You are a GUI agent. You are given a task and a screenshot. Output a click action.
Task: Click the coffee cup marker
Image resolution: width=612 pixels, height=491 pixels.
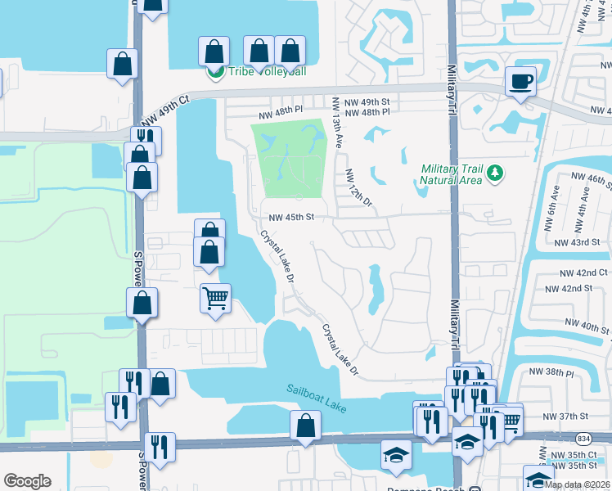click(x=520, y=81)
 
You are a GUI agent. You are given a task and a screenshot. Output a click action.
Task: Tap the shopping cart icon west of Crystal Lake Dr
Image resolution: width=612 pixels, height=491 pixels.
click(x=215, y=299)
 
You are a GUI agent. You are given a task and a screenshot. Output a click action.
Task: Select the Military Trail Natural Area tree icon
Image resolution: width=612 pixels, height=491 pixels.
click(x=495, y=173)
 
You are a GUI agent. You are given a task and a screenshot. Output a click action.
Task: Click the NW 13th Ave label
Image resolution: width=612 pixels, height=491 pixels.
click(x=336, y=123)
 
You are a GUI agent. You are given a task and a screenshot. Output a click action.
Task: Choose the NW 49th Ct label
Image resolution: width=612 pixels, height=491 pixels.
click(x=164, y=110)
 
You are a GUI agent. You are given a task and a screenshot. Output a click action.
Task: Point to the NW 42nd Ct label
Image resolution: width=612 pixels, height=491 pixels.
click(x=584, y=273)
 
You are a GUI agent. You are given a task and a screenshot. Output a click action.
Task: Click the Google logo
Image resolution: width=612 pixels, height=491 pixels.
click(x=28, y=480)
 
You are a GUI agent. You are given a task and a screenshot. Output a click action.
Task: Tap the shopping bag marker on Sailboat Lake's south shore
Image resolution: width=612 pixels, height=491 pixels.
click(x=305, y=426)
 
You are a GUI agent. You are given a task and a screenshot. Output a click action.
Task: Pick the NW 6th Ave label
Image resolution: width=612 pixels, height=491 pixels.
click(x=554, y=200)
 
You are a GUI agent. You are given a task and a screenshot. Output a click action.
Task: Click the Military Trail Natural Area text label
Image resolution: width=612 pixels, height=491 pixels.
click(x=451, y=174)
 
